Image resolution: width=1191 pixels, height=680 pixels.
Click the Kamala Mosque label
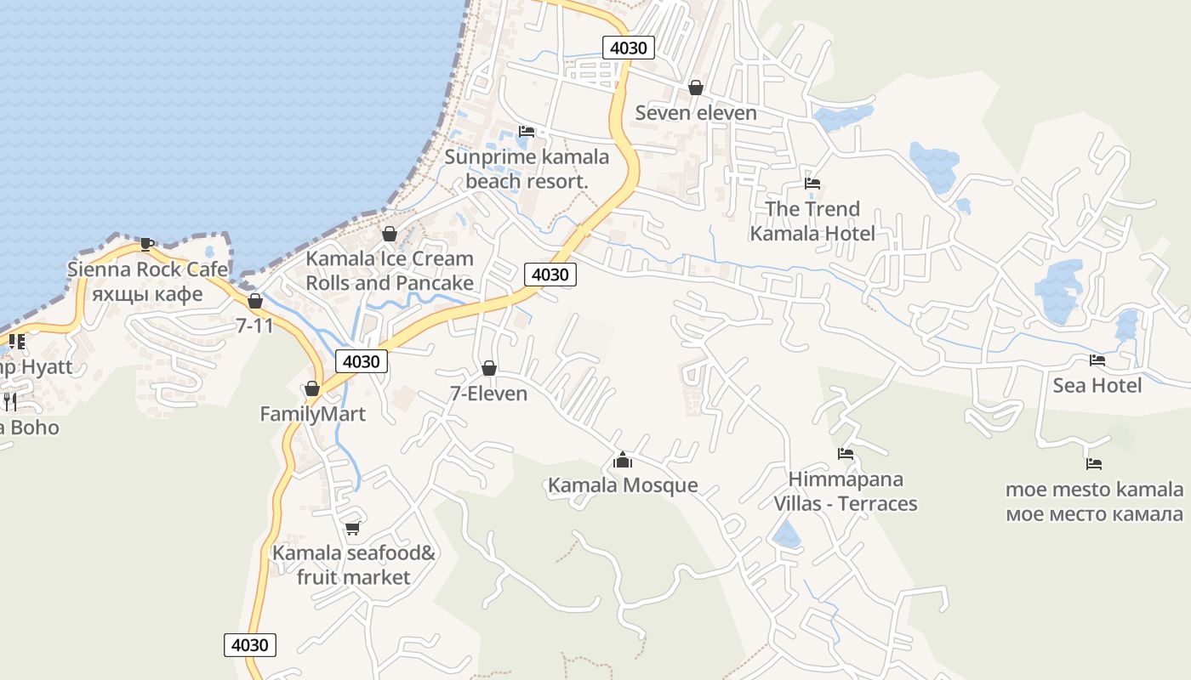pos(623,485)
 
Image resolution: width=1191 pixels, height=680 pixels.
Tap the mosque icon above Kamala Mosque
pos(623,461)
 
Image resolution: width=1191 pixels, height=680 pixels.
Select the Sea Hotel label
pos(1097,385)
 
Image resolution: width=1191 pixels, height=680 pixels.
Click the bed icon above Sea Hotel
pos(1097,360)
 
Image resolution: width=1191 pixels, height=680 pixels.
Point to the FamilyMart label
pos(312,414)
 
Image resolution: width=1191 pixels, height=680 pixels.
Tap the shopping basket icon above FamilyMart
pos(312,388)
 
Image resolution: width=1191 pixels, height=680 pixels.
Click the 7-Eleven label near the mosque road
pos(488,394)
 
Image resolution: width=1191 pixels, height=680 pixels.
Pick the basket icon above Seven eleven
pos(696,88)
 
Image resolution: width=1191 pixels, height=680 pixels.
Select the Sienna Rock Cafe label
pos(147,269)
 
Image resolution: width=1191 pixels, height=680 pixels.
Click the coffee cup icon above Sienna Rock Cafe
pos(147,245)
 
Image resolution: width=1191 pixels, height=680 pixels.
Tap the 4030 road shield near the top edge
pos(629,48)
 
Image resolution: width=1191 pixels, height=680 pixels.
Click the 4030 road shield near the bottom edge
pos(251,644)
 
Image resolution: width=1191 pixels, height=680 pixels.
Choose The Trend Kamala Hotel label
pos(812,221)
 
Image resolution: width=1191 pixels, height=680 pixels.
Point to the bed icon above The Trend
pos(812,184)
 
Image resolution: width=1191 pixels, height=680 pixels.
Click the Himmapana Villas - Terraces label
pos(846,491)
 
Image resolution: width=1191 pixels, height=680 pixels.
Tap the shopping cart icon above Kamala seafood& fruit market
pos(353,528)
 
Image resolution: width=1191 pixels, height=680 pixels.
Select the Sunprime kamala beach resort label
pos(527,169)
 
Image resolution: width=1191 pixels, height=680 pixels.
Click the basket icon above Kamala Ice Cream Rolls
pos(390,234)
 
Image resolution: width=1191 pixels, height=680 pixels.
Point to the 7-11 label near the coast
pos(254,325)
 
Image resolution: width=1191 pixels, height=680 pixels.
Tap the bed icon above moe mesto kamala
pos(1094,464)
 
